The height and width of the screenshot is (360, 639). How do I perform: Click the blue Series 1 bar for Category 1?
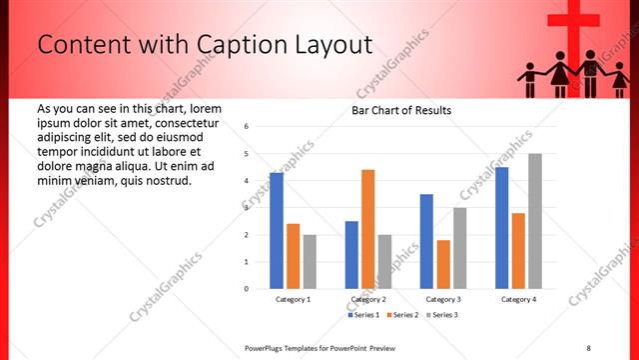276,231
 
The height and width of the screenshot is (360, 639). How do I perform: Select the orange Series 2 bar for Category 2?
367,229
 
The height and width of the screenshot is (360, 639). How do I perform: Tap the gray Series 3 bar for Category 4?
535,221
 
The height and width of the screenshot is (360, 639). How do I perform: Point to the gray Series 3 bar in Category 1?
310,262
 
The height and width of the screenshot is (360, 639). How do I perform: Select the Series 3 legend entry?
442,315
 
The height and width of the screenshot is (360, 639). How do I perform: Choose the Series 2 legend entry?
404,315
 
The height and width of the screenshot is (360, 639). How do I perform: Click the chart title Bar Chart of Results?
401,110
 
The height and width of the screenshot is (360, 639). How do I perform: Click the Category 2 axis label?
367,300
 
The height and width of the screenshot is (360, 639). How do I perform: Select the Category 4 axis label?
518,300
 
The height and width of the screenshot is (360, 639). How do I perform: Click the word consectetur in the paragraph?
191,122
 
